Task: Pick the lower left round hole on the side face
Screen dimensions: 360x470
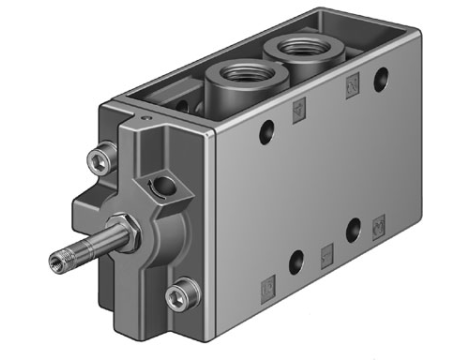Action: (x=296, y=261)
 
